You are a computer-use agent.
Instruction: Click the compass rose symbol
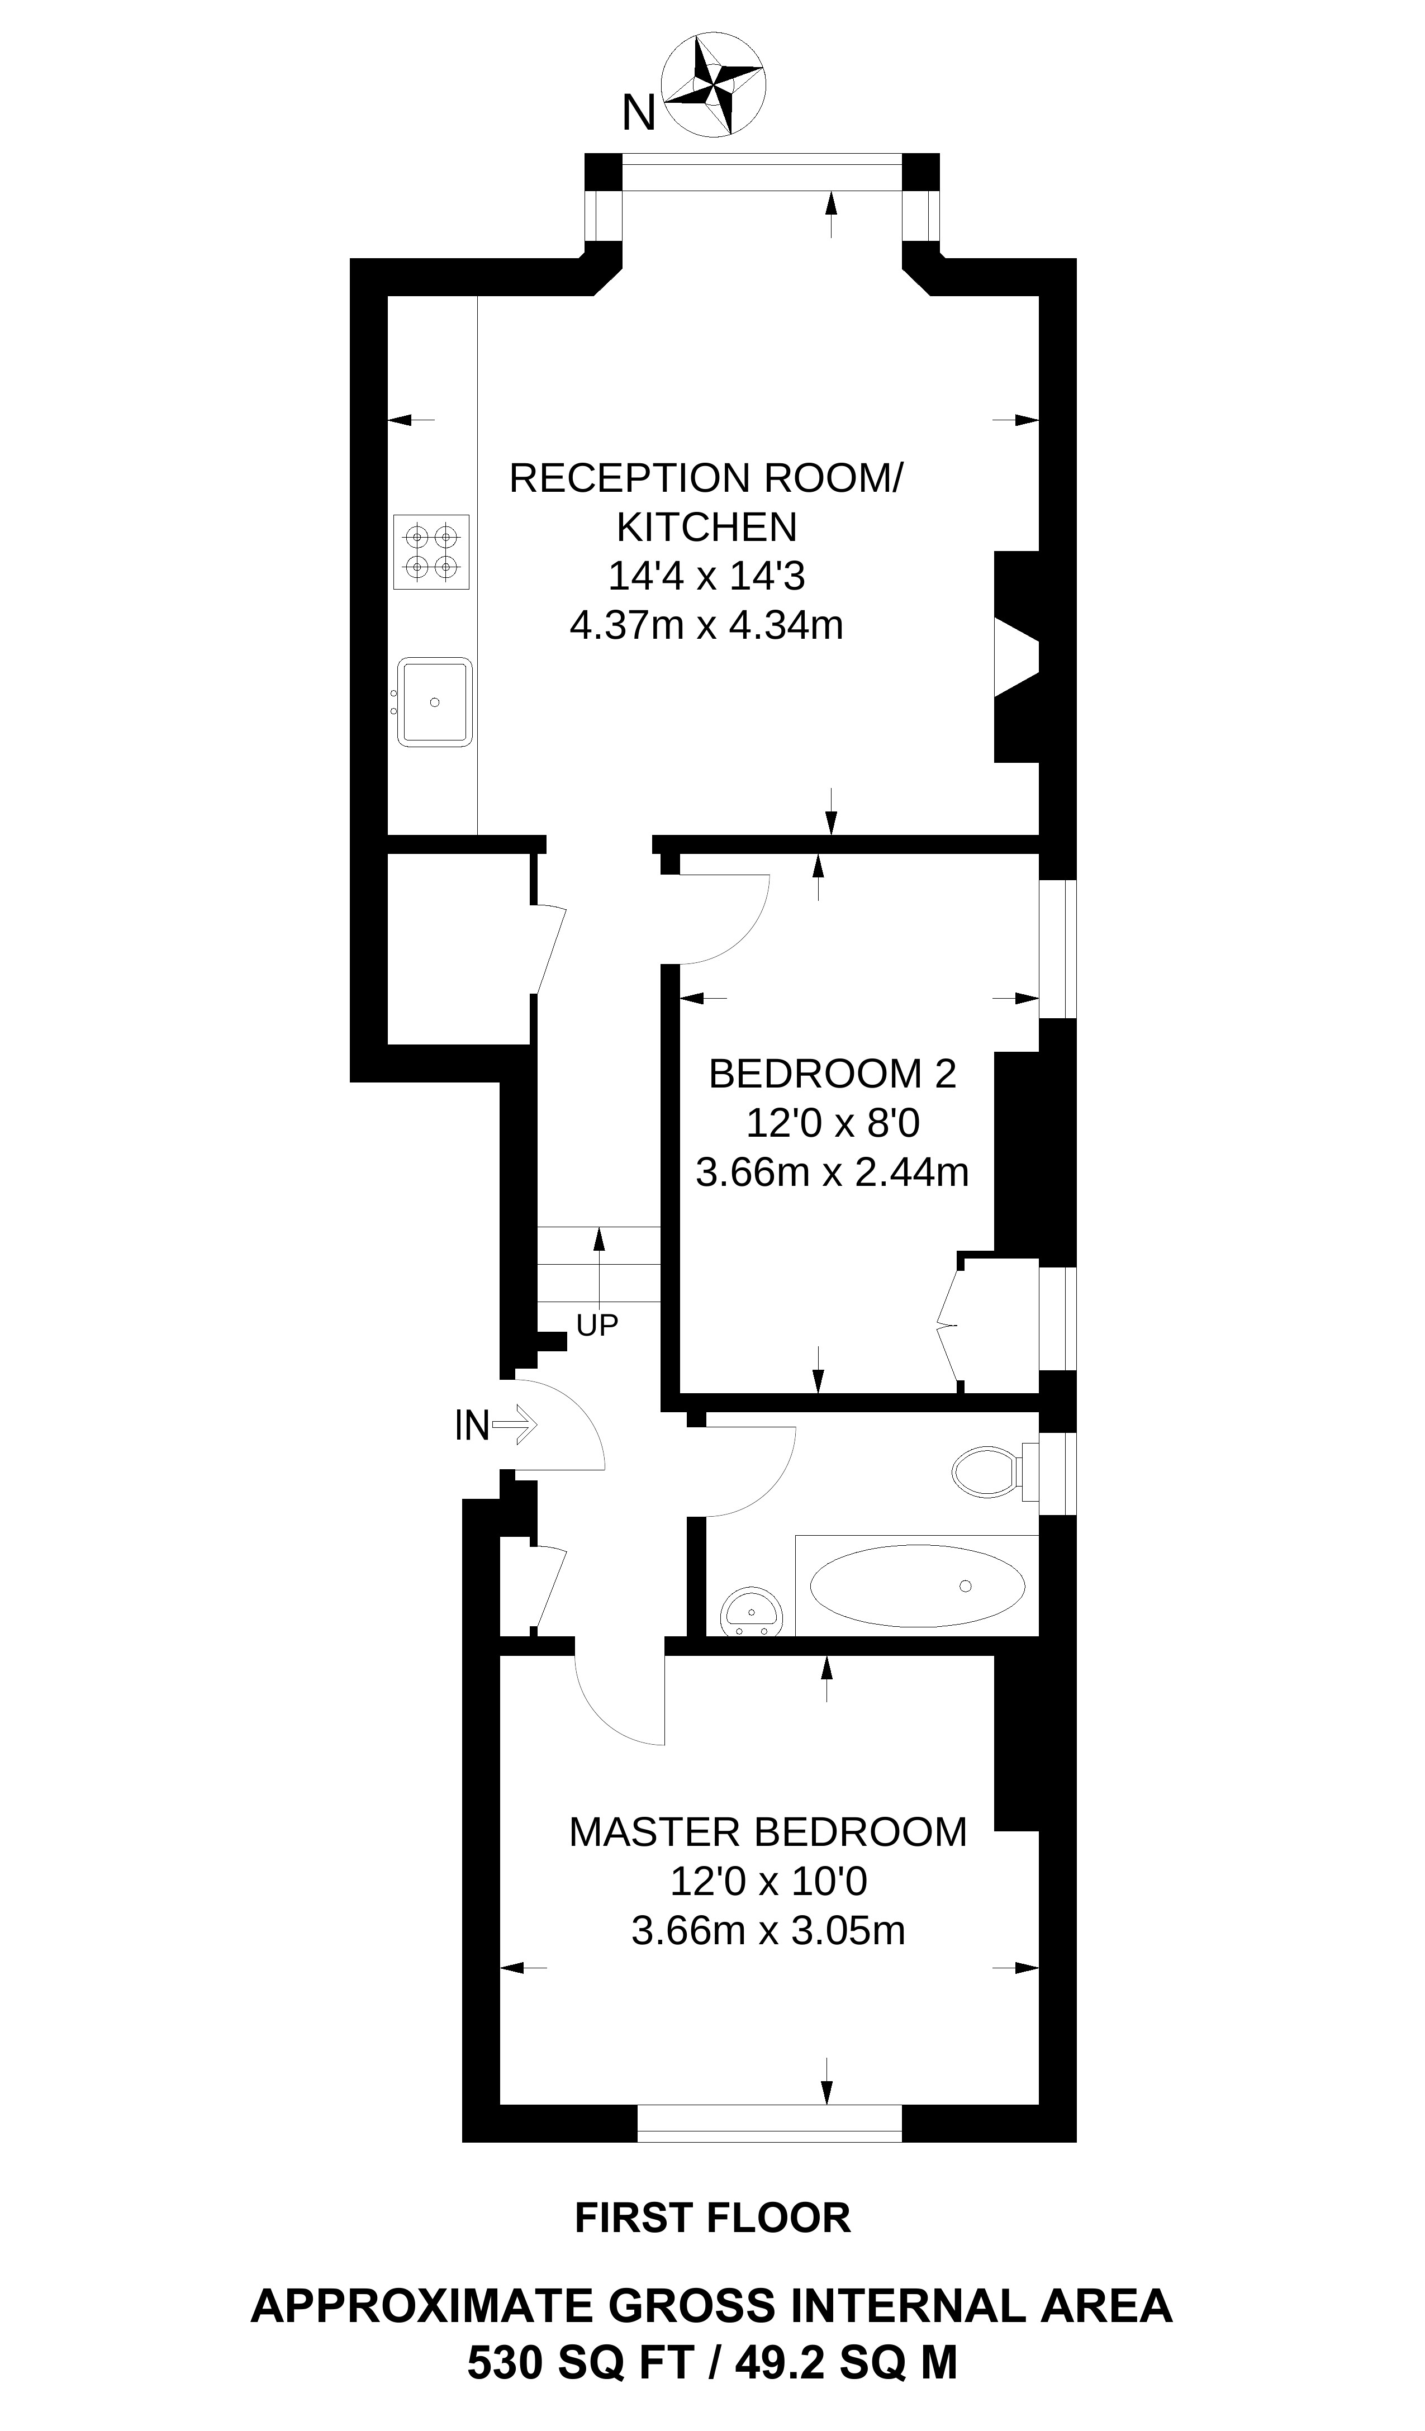[x=714, y=85]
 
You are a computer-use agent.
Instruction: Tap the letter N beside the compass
[x=639, y=114]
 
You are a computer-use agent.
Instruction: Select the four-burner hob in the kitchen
[x=431, y=552]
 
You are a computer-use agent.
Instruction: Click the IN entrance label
[x=472, y=1426]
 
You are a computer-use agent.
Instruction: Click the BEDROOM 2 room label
[x=832, y=1074]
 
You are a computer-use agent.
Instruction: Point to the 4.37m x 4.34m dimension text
[x=706, y=625]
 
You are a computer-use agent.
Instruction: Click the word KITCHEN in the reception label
[x=706, y=526]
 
